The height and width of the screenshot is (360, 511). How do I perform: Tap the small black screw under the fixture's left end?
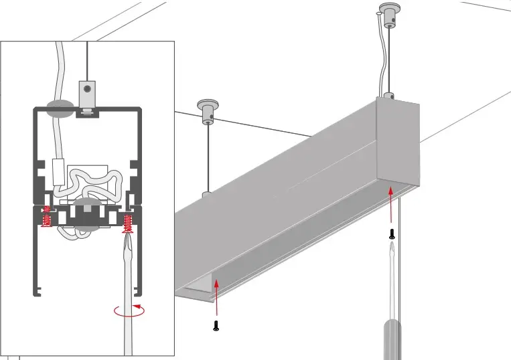(216, 326)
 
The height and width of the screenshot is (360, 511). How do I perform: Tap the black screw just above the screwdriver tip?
(392, 234)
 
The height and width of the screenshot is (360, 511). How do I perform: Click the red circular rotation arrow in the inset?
(129, 310)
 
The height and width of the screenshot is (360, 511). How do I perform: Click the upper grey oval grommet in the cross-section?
(61, 110)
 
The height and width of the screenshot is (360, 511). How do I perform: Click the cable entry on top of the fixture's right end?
(386, 96)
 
